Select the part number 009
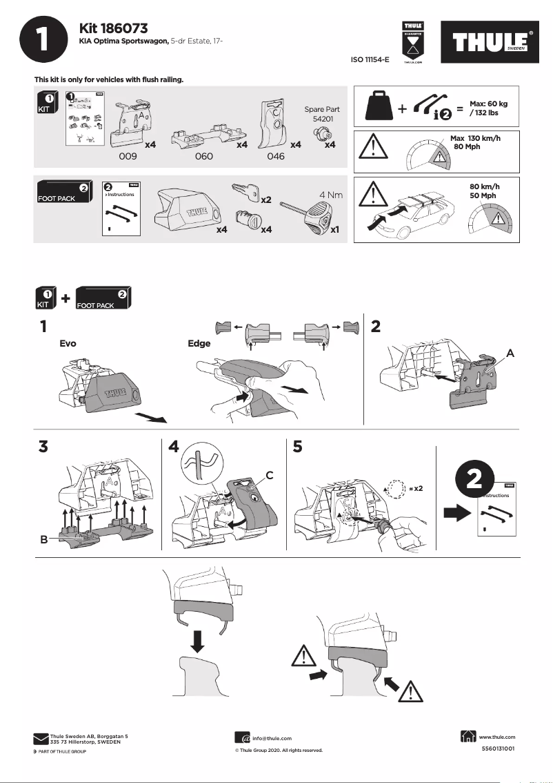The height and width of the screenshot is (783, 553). pos(128,157)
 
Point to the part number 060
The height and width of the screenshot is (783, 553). pos(203,157)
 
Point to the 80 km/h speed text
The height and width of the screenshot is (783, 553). pos(484,187)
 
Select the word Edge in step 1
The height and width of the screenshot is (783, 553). pos(199,343)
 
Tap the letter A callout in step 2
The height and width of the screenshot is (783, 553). pos(510,353)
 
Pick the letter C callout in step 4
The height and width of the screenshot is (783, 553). pos(270,474)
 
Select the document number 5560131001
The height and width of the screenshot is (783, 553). pos(497,748)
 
